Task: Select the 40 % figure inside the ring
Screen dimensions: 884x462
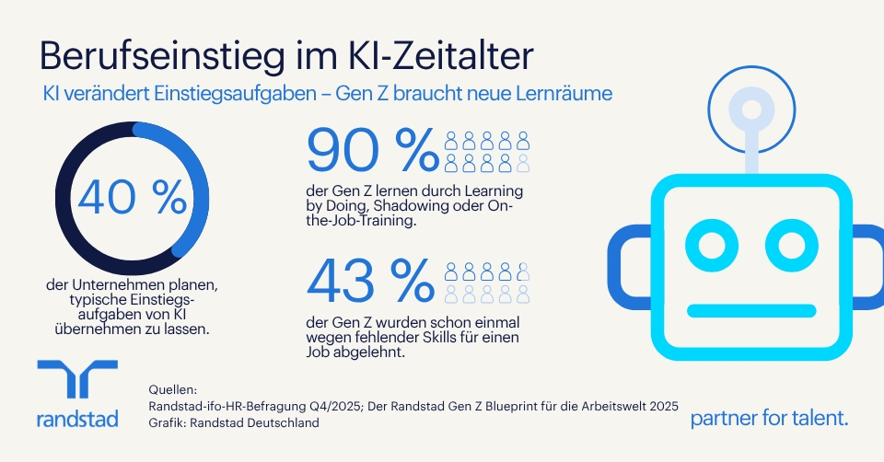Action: [x=132, y=198]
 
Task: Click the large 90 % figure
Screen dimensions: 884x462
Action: [x=373, y=150]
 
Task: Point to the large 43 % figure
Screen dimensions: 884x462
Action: [x=370, y=281]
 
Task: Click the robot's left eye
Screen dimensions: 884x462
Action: [x=712, y=245]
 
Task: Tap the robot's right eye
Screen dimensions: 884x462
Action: [x=792, y=245]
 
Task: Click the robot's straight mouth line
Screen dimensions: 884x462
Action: [x=751, y=310]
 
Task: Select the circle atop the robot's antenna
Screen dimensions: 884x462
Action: [x=751, y=110]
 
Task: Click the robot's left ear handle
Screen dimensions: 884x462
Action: [x=616, y=267]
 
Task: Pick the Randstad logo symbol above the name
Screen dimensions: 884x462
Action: [x=77, y=378]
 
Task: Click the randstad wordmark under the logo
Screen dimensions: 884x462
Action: [x=77, y=419]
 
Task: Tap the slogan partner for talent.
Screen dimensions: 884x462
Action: [x=769, y=418]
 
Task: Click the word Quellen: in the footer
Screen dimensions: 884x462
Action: [x=173, y=389]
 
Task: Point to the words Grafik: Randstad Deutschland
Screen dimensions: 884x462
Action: [x=234, y=422]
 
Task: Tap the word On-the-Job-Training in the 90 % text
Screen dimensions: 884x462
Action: [x=409, y=213]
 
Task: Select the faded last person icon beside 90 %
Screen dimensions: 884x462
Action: [x=523, y=163]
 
